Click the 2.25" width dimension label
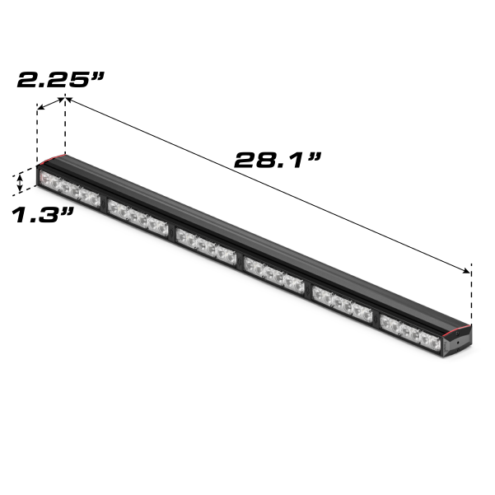point(62,80)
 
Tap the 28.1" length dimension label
point(277,159)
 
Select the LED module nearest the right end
point(409,331)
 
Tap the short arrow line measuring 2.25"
point(51,102)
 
